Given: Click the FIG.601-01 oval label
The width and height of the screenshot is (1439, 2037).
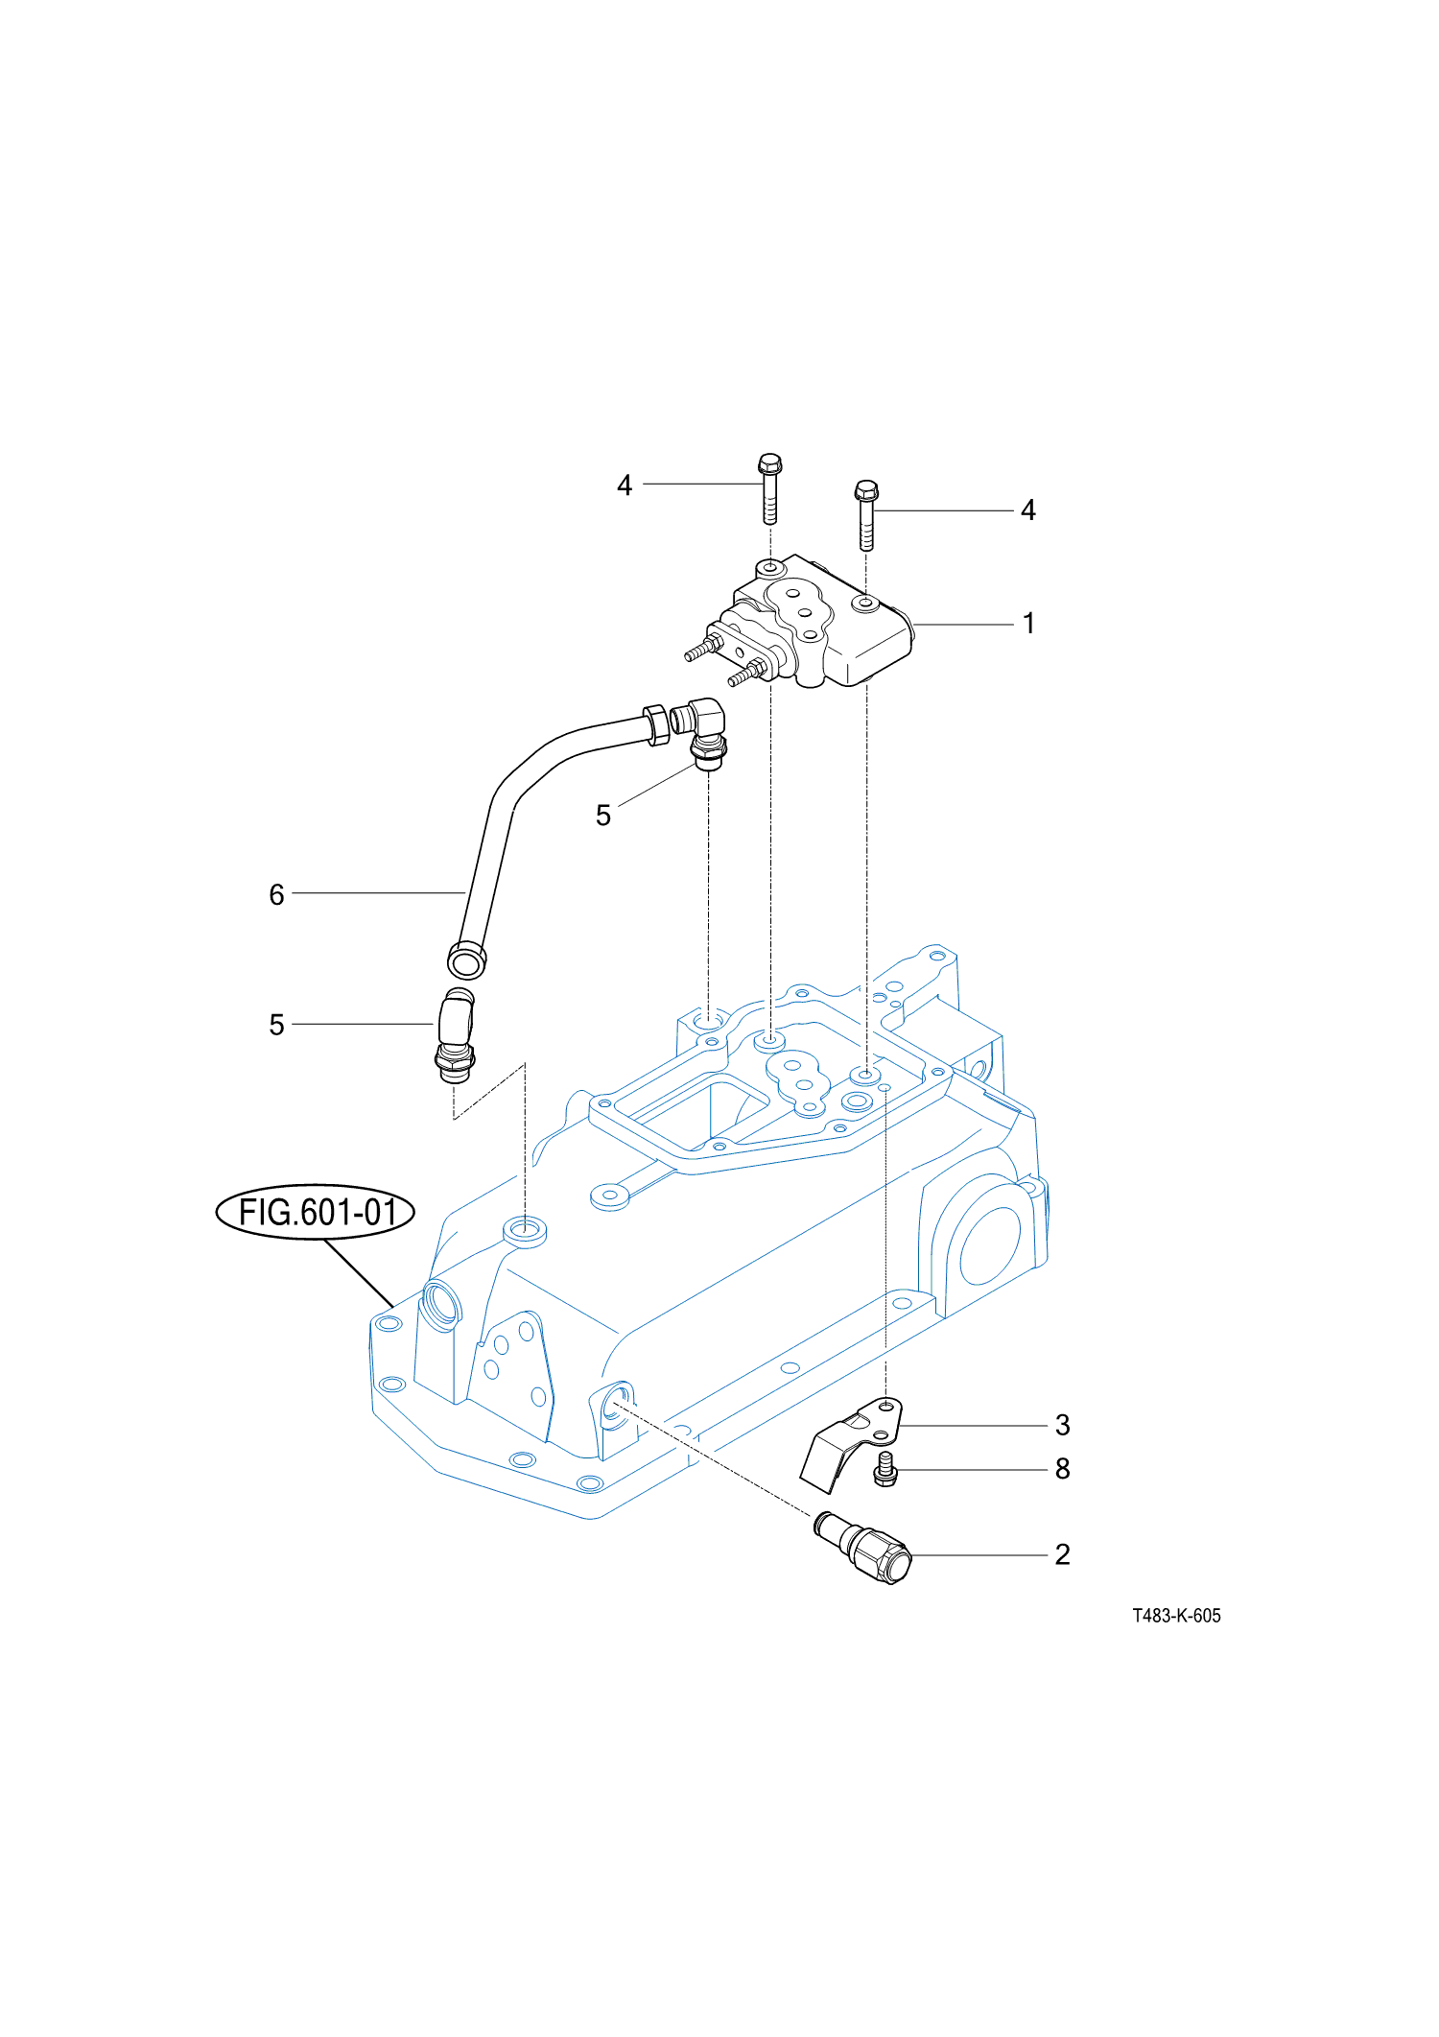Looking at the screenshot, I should (x=316, y=1212).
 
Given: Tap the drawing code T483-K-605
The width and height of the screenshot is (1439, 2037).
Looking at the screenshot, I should (x=1176, y=1616).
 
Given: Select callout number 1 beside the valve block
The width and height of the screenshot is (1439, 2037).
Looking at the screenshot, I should (x=1028, y=624).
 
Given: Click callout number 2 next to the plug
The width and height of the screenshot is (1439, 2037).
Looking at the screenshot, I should (x=1062, y=1554).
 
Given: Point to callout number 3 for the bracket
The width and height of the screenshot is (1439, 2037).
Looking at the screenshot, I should (x=1062, y=1425).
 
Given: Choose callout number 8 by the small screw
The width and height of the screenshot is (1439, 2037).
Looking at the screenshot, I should (x=1062, y=1469).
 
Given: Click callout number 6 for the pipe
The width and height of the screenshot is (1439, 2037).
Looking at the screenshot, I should (x=276, y=894).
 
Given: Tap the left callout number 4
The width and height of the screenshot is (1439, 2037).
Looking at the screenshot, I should (x=625, y=486).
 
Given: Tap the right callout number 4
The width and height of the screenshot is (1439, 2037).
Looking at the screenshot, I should (x=1028, y=510).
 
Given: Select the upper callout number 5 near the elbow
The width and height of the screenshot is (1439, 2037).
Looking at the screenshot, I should (x=602, y=816).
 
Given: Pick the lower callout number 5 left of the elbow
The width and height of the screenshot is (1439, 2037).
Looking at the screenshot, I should (x=276, y=1025).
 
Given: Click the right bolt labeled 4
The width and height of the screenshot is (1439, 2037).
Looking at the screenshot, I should (x=866, y=514).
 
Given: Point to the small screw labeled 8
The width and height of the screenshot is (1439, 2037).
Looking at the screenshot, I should (x=885, y=1469).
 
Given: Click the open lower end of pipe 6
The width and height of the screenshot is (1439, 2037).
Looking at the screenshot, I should (x=467, y=959).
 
